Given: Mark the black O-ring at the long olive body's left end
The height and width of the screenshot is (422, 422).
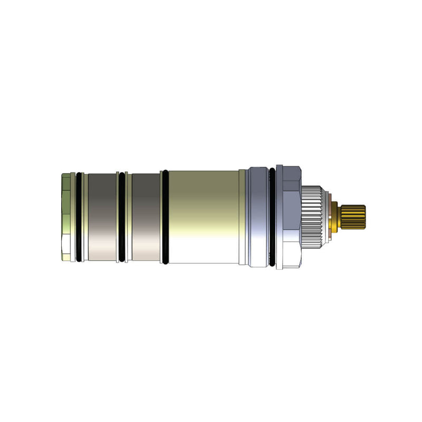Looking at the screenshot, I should coord(165,216).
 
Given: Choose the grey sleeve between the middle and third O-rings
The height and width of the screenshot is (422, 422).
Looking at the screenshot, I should coord(146,216).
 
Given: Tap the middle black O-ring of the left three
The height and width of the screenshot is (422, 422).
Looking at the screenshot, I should coord(122,216).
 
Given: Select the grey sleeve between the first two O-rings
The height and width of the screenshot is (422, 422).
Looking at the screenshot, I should coord(101,216).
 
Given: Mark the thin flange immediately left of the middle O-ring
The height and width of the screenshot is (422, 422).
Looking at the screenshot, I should coord(117,216).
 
